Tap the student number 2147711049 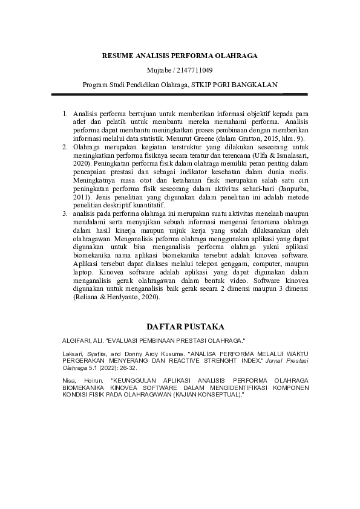194,70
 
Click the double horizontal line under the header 180,94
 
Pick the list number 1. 65,114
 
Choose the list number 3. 65,214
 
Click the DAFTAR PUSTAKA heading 180,326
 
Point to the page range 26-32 128,367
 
